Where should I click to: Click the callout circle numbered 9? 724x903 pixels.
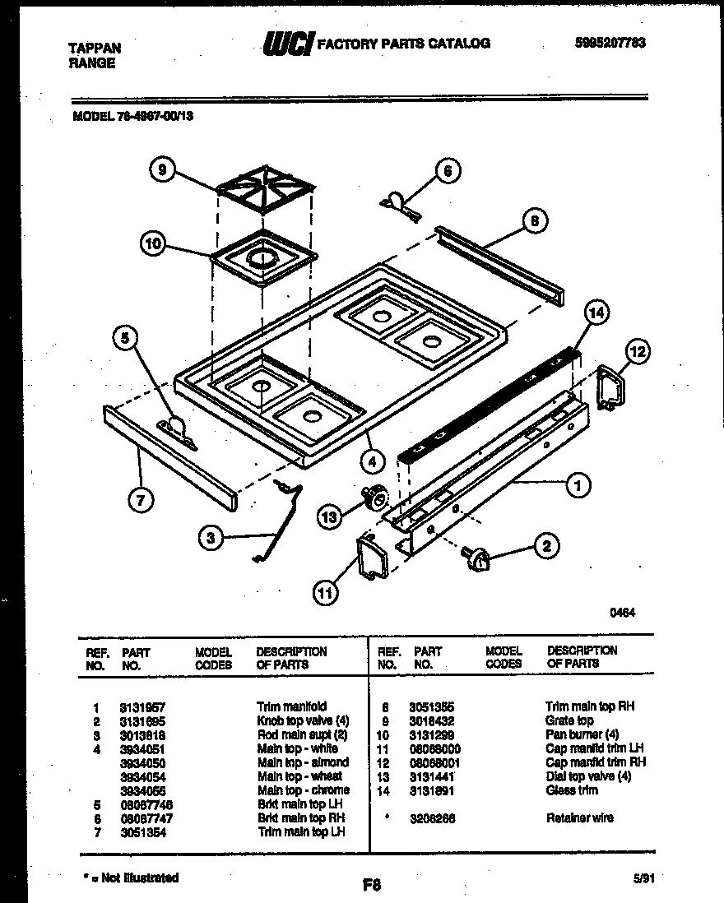pos(162,170)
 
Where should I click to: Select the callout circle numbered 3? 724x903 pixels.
pos(211,538)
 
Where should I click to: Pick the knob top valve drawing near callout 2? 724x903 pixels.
pos(476,558)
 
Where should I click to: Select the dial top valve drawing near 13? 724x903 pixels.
pos(378,498)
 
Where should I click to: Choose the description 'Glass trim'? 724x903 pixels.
pos(572,790)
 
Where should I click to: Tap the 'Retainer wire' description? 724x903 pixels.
pos(579,818)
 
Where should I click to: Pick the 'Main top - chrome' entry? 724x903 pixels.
pos(304,790)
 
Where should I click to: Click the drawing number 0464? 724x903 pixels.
pos(621,612)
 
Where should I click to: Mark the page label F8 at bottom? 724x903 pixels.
pos(371,886)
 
